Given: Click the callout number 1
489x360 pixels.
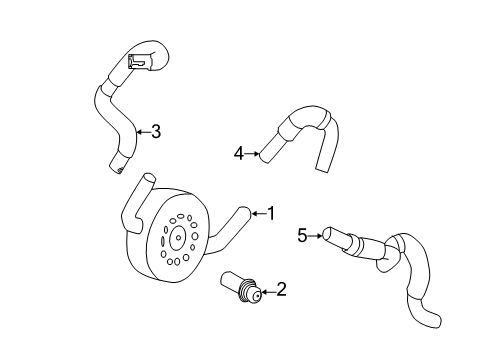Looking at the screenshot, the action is click(x=272, y=213).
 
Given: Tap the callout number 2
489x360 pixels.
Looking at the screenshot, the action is click(x=281, y=289).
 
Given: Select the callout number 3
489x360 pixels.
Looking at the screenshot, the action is click(x=156, y=132).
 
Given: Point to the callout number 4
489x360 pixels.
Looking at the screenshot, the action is click(x=239, y=154).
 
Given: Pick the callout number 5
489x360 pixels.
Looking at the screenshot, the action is click(x=302, y=236).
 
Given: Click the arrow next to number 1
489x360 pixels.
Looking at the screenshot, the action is click(x=259, y=213).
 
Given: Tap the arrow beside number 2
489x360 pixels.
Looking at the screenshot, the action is click(x=268, y=292).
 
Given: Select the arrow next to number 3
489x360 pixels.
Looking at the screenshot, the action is click(x=143, y=132).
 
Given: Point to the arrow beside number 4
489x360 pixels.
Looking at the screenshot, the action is click(x=252, y=154).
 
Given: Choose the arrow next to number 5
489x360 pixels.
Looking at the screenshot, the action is click(x=315, y=236).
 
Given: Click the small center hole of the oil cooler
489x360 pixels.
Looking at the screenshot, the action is click(x=178, y=238).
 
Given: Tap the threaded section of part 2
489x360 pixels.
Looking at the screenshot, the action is click(x=246, y=291).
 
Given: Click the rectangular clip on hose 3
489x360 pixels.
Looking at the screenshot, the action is click(x=138, y=61).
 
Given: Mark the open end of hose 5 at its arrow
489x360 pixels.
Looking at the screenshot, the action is click(x=327, y=234).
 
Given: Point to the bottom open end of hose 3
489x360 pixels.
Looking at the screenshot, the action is click(x=117, y=167).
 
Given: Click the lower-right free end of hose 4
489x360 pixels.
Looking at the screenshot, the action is click(x=323, y=166).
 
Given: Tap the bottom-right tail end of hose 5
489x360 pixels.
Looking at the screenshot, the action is click(x=434, y=320).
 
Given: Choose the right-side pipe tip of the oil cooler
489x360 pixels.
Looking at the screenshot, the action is click(x=246, y=212).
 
